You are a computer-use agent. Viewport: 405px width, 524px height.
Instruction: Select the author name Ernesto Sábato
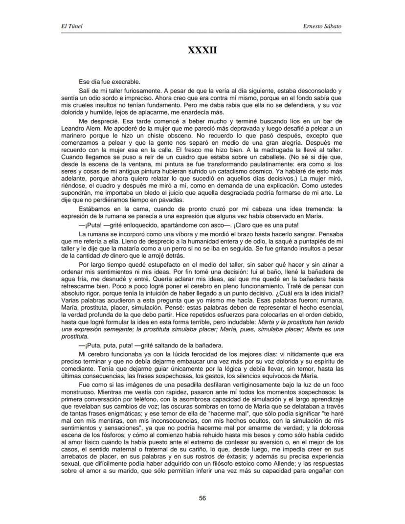pyautogui.click(x=323, y=25)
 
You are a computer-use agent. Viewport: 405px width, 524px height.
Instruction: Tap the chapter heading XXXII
pyautogui.click(x=202, y=50)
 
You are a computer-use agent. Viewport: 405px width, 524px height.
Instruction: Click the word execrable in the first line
pyautogui.click(x=126, y=82)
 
